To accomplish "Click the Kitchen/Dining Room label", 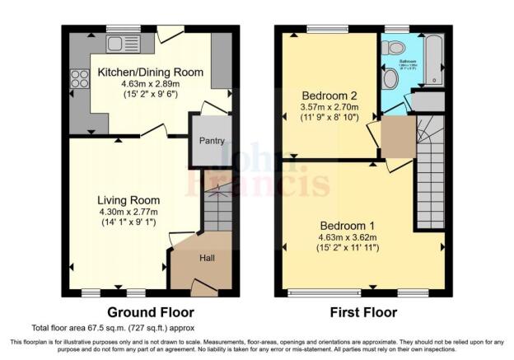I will [151, 72].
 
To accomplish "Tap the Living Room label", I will [128, 200].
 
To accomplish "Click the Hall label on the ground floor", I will [208, 258].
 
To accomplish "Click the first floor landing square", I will [399, 137].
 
